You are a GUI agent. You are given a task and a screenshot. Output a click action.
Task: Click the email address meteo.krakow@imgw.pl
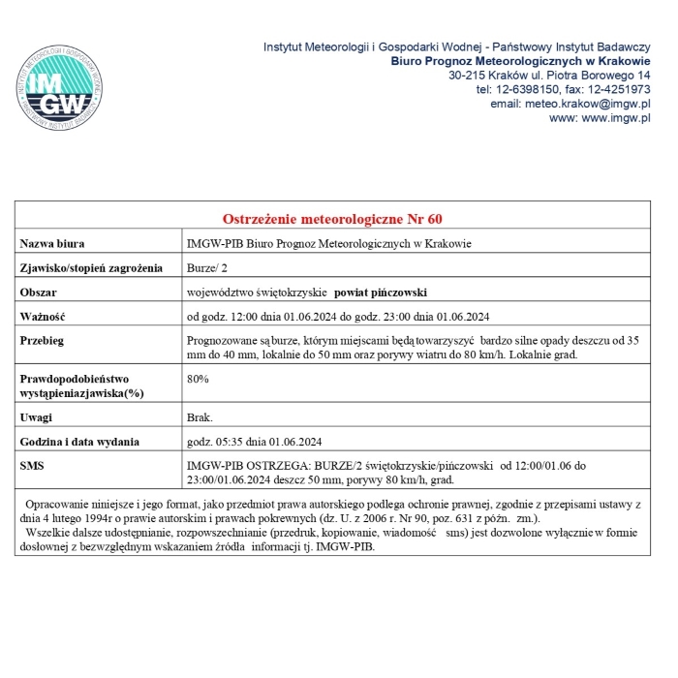click(x=570, y=104)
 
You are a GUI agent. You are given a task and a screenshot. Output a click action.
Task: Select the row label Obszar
click(x=39, y=292)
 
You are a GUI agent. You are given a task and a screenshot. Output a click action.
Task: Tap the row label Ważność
click(x=42, y=317)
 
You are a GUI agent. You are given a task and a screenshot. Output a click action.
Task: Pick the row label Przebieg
click(x=43, y=341)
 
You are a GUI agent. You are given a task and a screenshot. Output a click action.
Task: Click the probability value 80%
click(x=198, y=379)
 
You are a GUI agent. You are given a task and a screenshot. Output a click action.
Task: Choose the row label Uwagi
click(x=36, y=417)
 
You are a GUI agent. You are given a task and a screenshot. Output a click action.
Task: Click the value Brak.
click(x=200, y=417)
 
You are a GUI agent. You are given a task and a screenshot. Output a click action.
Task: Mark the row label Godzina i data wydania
click(x=80, y=442)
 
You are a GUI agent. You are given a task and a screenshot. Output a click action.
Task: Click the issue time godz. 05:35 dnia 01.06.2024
click(x=254, y=442)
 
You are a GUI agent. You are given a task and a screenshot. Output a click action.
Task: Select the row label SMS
click(x=32, y=466)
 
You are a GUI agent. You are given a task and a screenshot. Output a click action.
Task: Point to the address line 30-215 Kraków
click(x=549, y=75)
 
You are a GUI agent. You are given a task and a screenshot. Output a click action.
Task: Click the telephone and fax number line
click(x=563, y=89)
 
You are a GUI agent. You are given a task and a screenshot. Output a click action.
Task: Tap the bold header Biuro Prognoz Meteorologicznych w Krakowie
click(x=520, y=60)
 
